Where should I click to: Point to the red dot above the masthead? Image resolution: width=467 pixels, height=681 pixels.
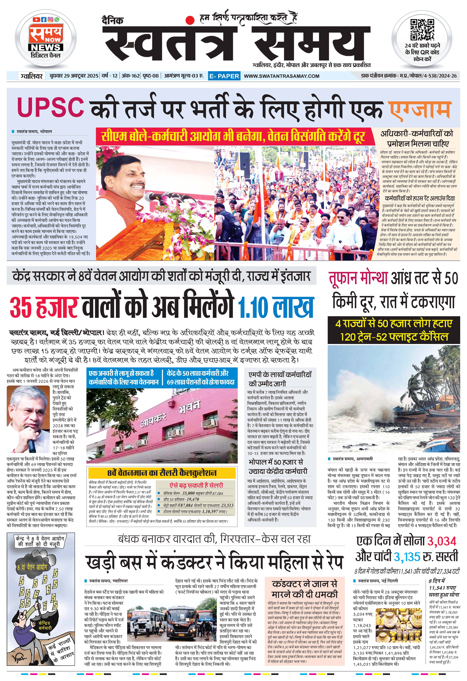click(191, 20)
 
